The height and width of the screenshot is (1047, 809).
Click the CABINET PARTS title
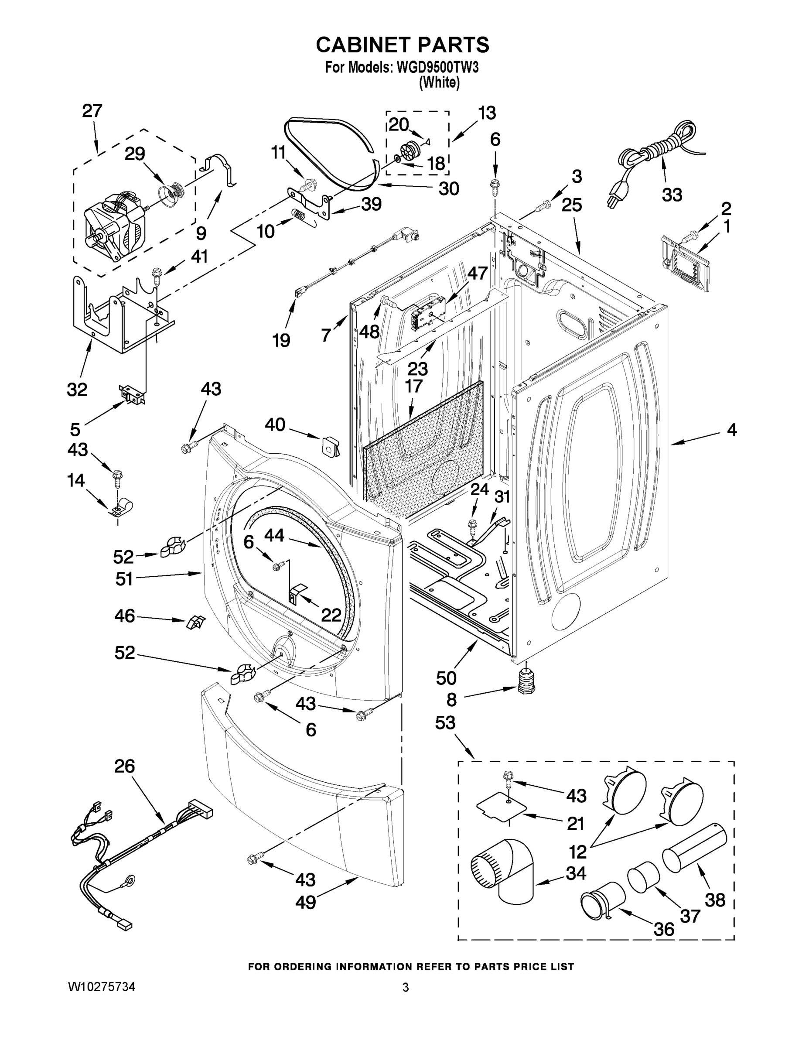pyautogui.click(x=403, y=44)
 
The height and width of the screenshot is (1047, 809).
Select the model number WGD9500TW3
pyautogui.click(x=437, y=68)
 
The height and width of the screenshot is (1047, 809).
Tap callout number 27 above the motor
pyautogui.click(x=92, y=111)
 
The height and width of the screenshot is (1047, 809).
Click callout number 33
pyautogui.click(x=672, y=195)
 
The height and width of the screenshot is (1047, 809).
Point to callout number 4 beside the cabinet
pyautogui.click(x=731, y=430)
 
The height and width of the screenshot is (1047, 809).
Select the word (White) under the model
pyautogui.click(x=439, y=82)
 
